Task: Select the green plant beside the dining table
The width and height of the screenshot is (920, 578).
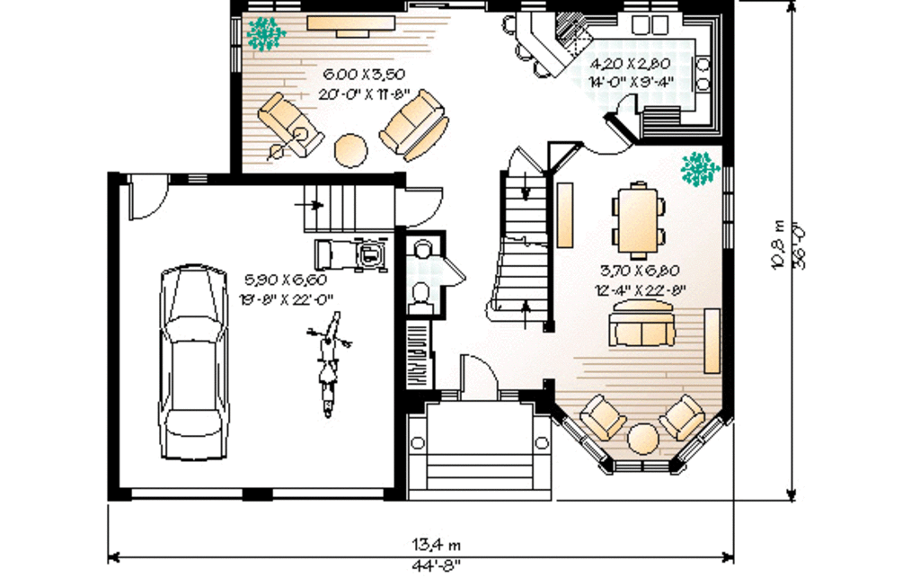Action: point(700,168)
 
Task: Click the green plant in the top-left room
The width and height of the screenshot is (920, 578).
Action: point(266,33)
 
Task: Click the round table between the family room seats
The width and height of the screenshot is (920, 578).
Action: point(350,149)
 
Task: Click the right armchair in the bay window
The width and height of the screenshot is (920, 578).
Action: point(682,415)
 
